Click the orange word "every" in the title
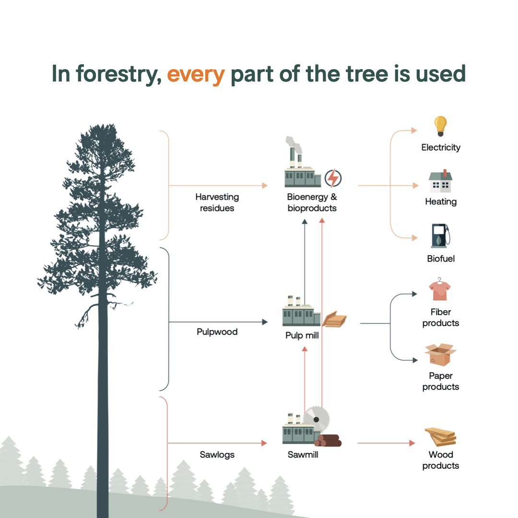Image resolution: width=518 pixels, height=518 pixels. coord(196,74)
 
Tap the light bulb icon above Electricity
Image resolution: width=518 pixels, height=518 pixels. coord(440,126)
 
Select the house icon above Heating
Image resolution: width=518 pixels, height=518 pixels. coord(440,181)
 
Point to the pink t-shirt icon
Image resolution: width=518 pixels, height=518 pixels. coord(440,290)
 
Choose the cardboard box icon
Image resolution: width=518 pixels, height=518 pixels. coord(440,354)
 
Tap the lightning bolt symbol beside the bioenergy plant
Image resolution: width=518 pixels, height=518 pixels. coord(332,178)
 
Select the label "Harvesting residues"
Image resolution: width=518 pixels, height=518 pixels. coord(217,202)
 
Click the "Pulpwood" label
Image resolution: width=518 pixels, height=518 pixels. coord(217,332)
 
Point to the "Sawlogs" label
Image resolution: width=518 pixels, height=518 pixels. coord(217,455)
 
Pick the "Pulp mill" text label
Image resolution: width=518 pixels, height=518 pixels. coord(302,335)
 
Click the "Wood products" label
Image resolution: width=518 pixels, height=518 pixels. coord(440,460)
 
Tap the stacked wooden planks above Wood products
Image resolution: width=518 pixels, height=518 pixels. coord(440,436)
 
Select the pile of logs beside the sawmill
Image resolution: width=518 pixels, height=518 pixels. coord(329,440)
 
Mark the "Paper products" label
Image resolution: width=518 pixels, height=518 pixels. coord(440,381)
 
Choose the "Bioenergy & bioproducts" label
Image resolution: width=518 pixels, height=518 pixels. coord(312,202)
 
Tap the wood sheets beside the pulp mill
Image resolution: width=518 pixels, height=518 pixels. coord(334,319)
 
